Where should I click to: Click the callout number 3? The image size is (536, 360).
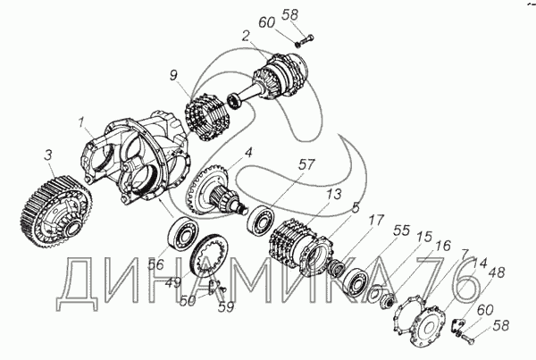pos(48,155)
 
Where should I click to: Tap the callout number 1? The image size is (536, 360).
pos(81,122)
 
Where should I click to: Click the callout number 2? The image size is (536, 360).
pos(247,37)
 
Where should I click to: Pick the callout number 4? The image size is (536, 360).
pos(248,153)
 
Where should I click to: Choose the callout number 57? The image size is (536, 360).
pos(306,164)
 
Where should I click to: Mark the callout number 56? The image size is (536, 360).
pos(156,264)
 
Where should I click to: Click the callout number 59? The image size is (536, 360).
pos(226,307)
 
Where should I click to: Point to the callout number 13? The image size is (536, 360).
pos(333,194)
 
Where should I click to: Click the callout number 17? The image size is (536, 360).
pos(376,220)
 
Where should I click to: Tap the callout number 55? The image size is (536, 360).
pos(401,230)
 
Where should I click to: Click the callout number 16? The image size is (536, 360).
pos(443,246)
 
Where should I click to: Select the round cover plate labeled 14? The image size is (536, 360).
pos(428,325)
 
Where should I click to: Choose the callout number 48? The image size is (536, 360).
pos(497,272)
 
